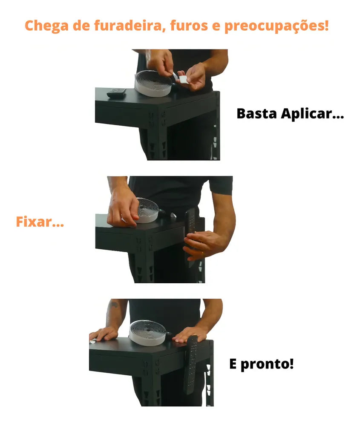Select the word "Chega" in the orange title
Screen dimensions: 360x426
tap(46, 26)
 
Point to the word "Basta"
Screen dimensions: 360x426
tap(257, 113)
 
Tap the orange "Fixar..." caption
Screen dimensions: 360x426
tap(40, 222)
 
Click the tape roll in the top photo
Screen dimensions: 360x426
tap(153, 83)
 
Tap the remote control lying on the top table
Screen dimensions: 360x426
tap(116, 93)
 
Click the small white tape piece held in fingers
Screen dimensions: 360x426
tap(183, 79)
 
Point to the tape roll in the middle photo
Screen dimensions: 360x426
tap(147, 210)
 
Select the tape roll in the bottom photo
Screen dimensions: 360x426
tap(147, 333)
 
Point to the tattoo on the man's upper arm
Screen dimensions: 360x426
tap(114, 305)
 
